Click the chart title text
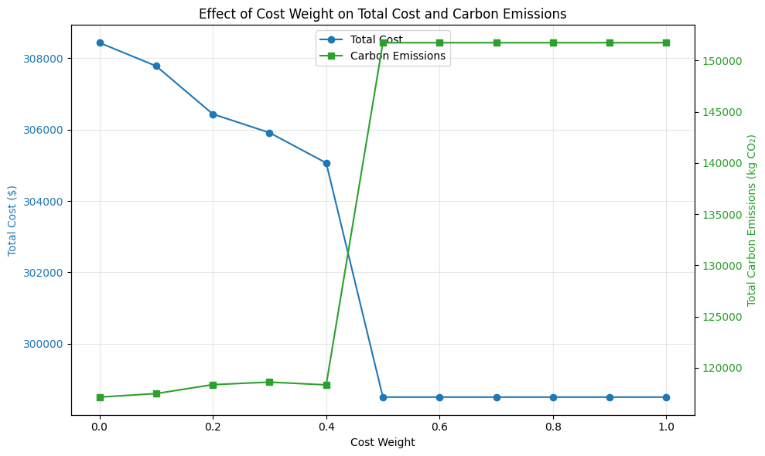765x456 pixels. click(382, 14)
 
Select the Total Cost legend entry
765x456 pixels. click(376, 39)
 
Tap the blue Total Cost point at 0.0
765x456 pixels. click(100, 43)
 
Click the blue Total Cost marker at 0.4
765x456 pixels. click(326, 163)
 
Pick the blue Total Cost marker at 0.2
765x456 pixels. click(213, 114)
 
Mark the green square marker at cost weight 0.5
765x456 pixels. click(383, 43)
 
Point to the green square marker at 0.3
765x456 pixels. click(269, 382)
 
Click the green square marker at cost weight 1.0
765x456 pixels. click(666, 43)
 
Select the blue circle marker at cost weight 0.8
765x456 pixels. click(553, 397)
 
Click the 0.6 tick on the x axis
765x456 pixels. click(439, 427)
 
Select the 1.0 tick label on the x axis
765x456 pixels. click(666, 427)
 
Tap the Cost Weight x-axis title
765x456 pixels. click(382, 443)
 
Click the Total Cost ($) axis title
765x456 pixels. click(12, 220)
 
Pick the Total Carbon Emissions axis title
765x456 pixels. click(752, 220)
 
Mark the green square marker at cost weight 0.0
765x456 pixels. click(100, 397)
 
